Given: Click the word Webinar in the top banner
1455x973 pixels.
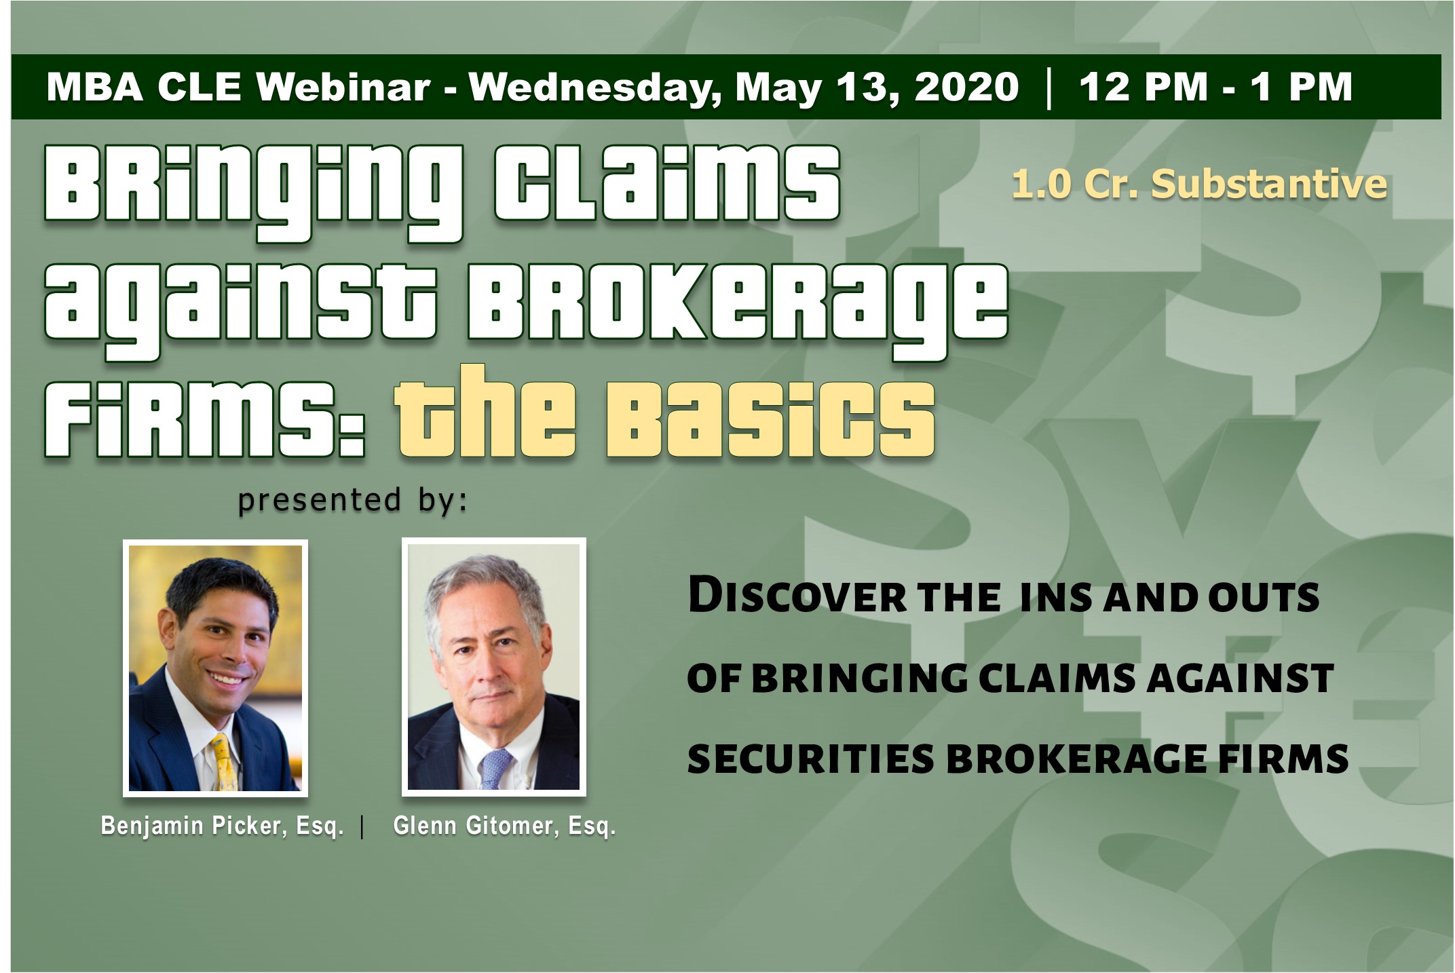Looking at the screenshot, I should point(344,88).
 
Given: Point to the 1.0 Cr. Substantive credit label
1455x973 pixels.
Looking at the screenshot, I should point(1199,185).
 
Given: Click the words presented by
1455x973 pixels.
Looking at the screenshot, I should point(352,501).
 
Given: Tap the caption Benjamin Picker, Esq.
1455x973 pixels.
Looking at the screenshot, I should point(222,826).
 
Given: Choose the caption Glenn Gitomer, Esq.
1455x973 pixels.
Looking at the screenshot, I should point(504,826).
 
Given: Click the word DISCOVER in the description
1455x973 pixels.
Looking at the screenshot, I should point(797,596).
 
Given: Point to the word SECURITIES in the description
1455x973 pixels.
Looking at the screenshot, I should point(811,759).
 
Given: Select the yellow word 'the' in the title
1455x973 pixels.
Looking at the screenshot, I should point(485,414).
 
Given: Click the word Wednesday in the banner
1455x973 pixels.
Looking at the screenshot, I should point(594,88).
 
